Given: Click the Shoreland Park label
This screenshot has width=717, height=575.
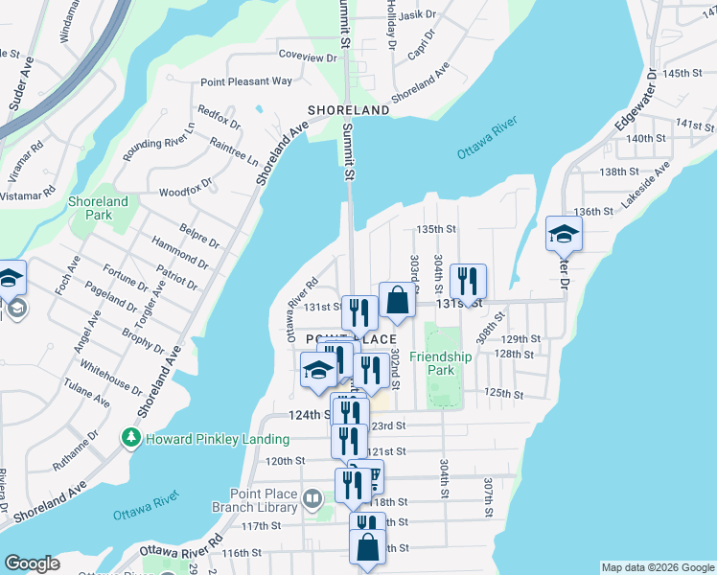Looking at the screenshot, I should click(98, 209).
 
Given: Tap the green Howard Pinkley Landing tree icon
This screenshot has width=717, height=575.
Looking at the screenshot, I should click(130, 438).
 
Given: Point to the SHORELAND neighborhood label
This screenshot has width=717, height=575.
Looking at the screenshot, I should click(348, 110).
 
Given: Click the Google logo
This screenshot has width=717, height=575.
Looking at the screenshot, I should click(32, 563).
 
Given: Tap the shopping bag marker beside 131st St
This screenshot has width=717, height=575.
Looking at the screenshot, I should click(397, 301).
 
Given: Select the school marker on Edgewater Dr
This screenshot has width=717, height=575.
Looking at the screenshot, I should click(564, 234).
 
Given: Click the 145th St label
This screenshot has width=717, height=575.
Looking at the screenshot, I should click(688, 74).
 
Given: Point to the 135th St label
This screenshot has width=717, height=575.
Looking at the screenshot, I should click(434, 229).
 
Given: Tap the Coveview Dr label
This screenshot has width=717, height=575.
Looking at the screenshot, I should click(308, 57).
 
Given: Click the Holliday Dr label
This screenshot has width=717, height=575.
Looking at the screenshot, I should click(391, 24).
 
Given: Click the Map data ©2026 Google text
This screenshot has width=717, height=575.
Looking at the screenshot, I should click(657, 567).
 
